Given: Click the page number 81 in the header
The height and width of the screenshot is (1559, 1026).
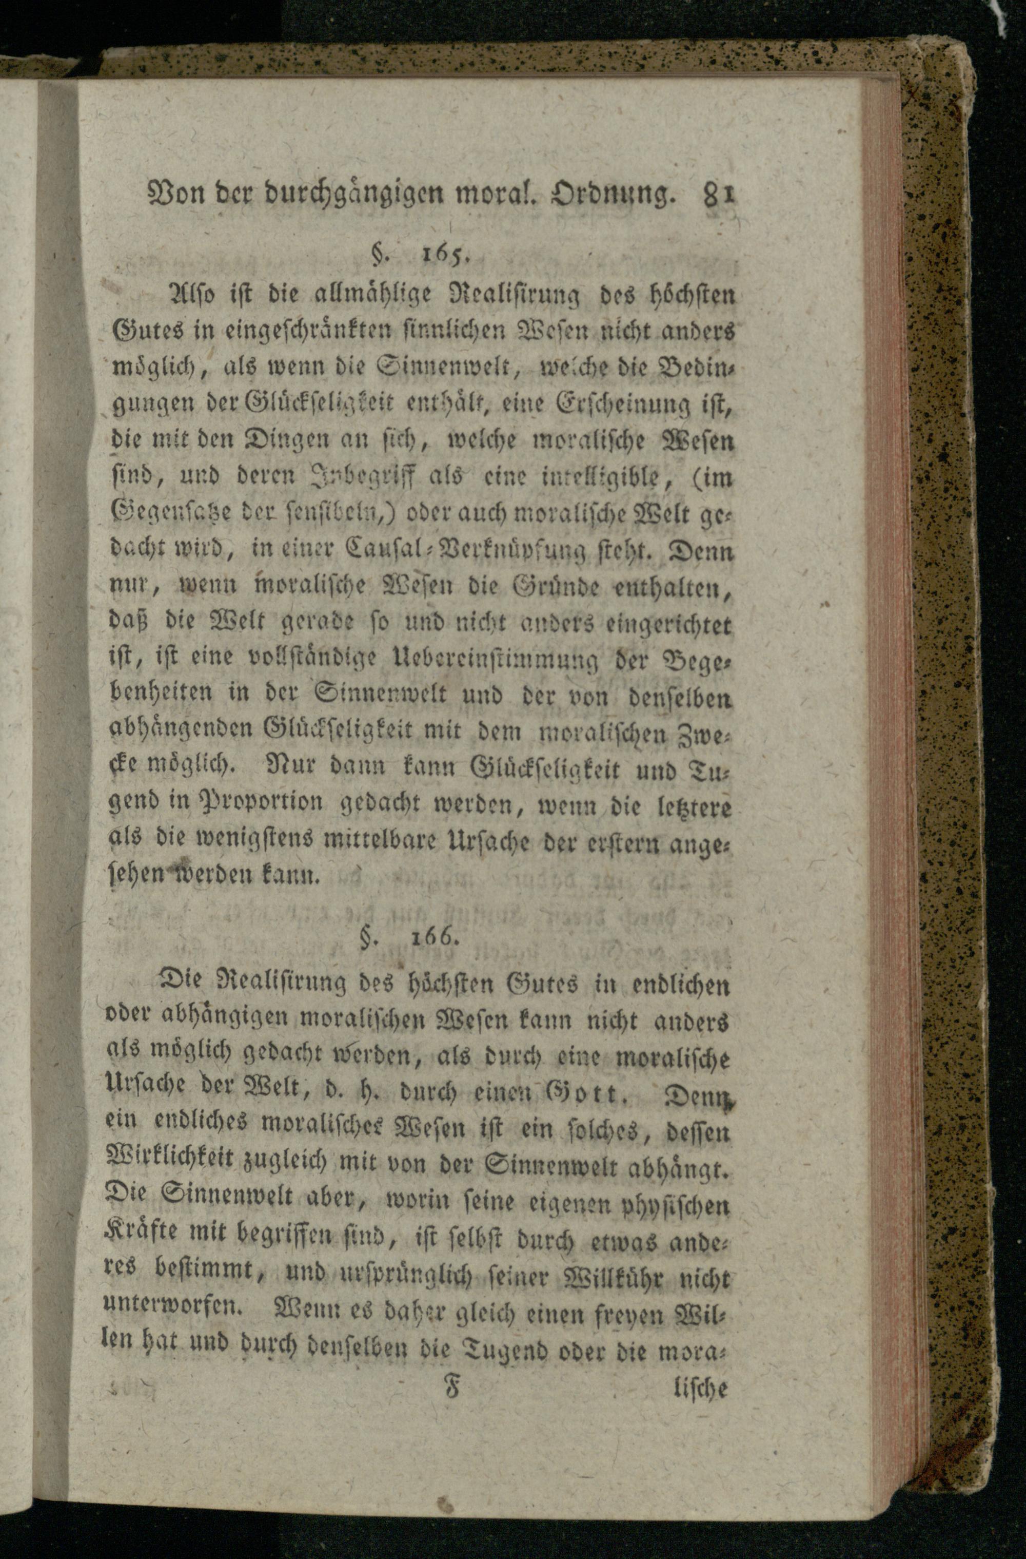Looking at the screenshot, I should click(719, 194).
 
